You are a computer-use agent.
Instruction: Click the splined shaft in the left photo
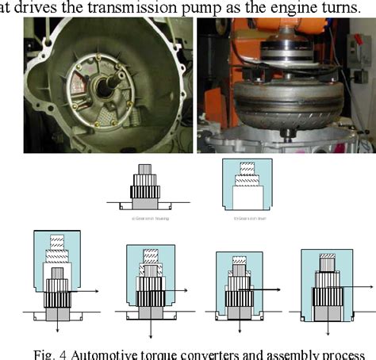coord(100,80)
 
